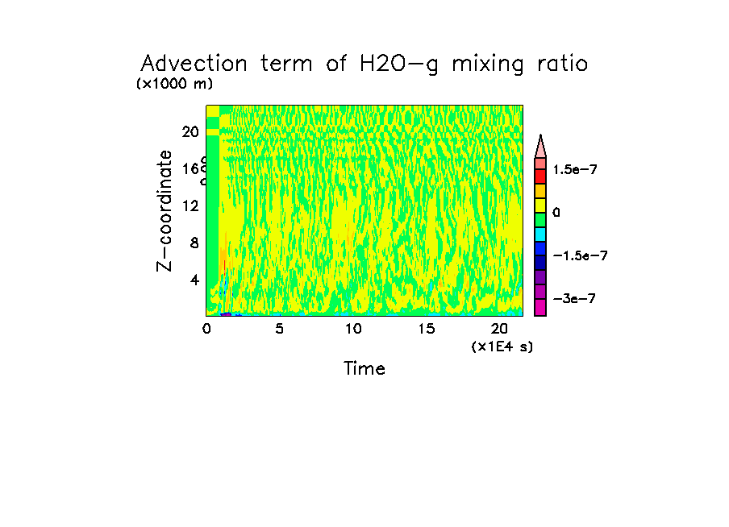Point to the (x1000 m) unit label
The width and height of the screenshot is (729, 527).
point(175,84)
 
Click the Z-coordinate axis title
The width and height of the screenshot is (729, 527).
point(165,210)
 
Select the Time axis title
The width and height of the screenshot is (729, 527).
point(364,369)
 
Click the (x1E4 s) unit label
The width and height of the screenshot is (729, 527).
point(502,346)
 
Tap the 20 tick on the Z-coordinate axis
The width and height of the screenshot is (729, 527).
point(190,131)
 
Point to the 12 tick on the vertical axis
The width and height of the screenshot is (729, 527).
point(190,205)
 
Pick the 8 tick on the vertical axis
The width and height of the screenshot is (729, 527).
point(194,243)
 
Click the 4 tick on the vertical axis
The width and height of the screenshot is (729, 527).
point(194,280)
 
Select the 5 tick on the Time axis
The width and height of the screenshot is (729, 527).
point(279,329)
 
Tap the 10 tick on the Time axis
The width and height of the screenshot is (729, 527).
point(352,329)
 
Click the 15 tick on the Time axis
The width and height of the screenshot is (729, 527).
point(426,329)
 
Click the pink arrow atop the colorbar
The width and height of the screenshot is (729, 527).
point(540,146)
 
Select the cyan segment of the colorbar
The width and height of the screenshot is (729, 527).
point(540,234)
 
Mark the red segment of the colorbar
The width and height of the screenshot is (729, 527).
point(540,176)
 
